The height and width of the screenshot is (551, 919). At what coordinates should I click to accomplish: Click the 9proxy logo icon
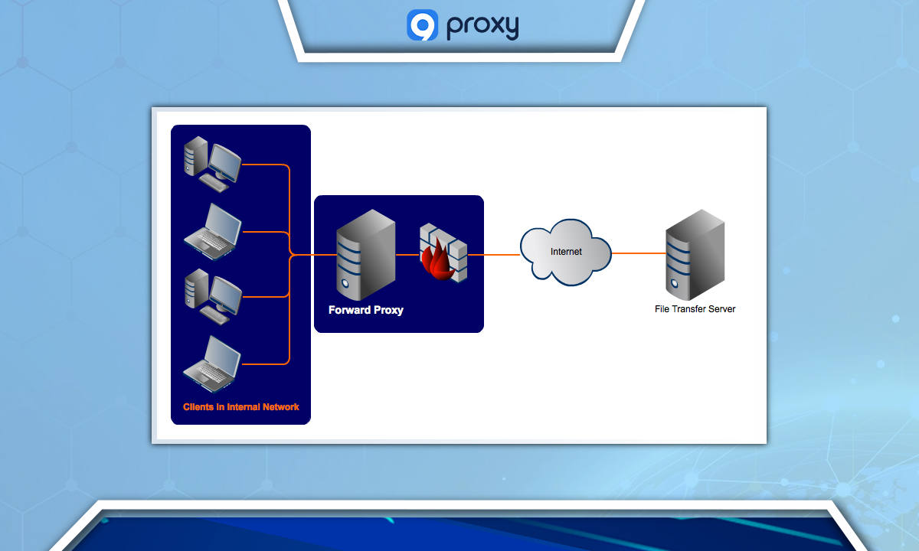click(x=422, y=24)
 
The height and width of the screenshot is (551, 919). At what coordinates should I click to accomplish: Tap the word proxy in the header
click(x=483, y=26)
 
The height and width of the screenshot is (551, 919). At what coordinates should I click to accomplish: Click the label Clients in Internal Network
click(x=241, y=407)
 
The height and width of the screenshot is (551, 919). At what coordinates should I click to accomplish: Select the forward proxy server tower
click(x=365, y=255)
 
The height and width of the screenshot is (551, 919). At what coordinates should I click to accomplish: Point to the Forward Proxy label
click(x=365, y=310)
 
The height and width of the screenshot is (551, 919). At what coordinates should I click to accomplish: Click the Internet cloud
click(x=566, y=252)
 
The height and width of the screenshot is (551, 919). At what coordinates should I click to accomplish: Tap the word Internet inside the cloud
click(x=566, y=252)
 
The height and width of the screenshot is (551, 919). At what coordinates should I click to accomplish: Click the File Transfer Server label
click(x=695, y=309)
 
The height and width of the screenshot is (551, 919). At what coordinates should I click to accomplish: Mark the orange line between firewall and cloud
click(x=494, y=254)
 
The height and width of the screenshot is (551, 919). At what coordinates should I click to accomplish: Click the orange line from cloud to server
click(x=638, y=253)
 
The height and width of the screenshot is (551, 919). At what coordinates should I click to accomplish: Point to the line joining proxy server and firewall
click(x=407, y=254)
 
